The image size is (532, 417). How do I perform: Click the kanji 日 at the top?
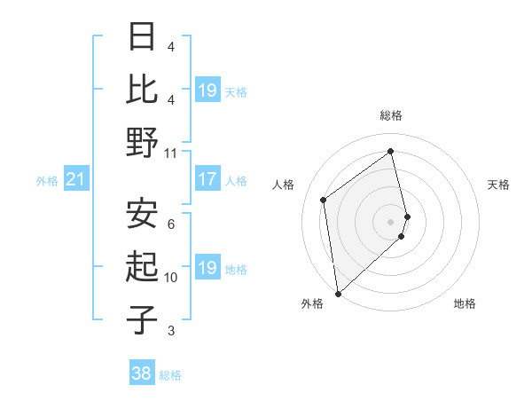pos(143,36)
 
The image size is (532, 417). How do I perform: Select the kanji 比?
pos(143,89)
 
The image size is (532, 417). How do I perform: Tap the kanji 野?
pos(143,142)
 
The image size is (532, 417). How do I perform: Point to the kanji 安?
pos(143,213)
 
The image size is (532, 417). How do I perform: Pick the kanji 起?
pos(143,266)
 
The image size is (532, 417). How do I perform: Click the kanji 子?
pos(143,319)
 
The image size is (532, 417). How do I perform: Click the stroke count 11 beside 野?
pos(171,153)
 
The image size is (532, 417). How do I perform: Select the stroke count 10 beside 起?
pos(171,278)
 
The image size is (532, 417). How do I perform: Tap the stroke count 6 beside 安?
pos(171,224)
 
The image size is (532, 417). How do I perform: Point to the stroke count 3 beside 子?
pos(171,331)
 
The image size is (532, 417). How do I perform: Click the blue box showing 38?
pos(142,374)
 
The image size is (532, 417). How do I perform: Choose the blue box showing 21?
pos(75,180)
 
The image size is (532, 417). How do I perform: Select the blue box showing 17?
pos(207,179)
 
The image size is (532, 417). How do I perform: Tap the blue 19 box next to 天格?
pos(207,90)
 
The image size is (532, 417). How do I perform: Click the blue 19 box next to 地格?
pos(207,268)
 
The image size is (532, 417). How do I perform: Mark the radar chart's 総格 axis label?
pos(390,115)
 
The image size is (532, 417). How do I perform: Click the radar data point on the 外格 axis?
pos(338,293)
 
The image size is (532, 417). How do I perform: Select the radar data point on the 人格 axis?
pos(324,200)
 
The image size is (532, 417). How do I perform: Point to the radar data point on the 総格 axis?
pos(390,151)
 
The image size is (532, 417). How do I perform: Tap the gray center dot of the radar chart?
pos(390,221)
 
